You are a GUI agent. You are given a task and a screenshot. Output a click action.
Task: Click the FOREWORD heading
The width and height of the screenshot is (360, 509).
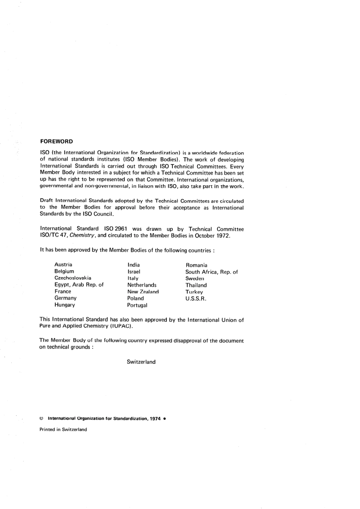point(56,141)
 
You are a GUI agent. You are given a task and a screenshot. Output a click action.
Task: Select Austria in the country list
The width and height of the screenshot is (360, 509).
point(63,265)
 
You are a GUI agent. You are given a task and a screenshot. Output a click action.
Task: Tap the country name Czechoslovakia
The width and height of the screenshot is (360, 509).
point(73,278)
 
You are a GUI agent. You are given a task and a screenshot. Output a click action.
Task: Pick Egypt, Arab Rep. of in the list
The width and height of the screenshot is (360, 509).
point(79,285)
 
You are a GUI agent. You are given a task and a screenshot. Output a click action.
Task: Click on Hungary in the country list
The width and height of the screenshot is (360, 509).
point(65,305)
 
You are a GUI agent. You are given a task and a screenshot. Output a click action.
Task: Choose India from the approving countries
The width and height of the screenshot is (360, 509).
point(134,265)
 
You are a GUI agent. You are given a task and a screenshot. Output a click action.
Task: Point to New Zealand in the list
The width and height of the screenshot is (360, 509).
point(143,292)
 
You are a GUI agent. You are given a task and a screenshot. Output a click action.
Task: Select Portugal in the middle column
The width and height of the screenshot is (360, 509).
point(137,305)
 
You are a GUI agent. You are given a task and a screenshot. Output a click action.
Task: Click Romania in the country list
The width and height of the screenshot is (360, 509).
point(196,265)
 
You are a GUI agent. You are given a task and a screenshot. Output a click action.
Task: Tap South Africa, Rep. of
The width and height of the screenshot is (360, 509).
point(211,272)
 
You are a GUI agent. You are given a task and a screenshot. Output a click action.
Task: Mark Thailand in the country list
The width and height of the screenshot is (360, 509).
point(196,285)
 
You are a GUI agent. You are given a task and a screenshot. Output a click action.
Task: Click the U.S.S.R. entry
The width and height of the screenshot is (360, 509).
point(196,298)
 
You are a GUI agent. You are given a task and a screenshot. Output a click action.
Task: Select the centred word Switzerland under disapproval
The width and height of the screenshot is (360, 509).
point(141,362)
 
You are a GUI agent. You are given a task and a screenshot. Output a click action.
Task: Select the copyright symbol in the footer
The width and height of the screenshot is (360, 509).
point(41,419)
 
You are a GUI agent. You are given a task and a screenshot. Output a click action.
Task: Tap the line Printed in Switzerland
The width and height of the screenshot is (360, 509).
point(63,429)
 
